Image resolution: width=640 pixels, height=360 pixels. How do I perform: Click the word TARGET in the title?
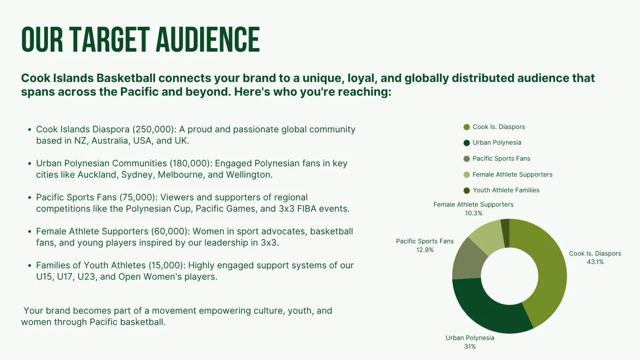pos(109,39)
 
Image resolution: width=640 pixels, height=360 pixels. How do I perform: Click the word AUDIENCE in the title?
pos(208,39)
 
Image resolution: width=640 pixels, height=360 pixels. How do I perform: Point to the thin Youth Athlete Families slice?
pos(506,233)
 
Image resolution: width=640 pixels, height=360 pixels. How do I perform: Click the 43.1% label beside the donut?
pos(595,262)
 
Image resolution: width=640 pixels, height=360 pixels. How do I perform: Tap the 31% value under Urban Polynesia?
pos(470,347)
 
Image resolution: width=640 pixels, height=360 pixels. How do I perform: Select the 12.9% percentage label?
pos(425,250)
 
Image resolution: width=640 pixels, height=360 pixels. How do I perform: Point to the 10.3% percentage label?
pos(474,213)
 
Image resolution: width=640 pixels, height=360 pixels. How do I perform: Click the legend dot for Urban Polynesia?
pos(467,143)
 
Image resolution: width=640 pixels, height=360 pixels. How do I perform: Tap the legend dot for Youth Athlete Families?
pos(467,190)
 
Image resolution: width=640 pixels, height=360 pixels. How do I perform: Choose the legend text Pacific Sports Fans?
pos(501,158)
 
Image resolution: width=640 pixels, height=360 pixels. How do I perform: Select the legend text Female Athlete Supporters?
pos(513,174)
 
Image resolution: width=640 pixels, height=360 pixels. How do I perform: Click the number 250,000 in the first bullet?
pos(153,130)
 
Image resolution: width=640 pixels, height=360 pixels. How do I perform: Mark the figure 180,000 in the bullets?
pos(190,163)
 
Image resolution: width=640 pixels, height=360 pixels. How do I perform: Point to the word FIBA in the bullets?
pos(307,209)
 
